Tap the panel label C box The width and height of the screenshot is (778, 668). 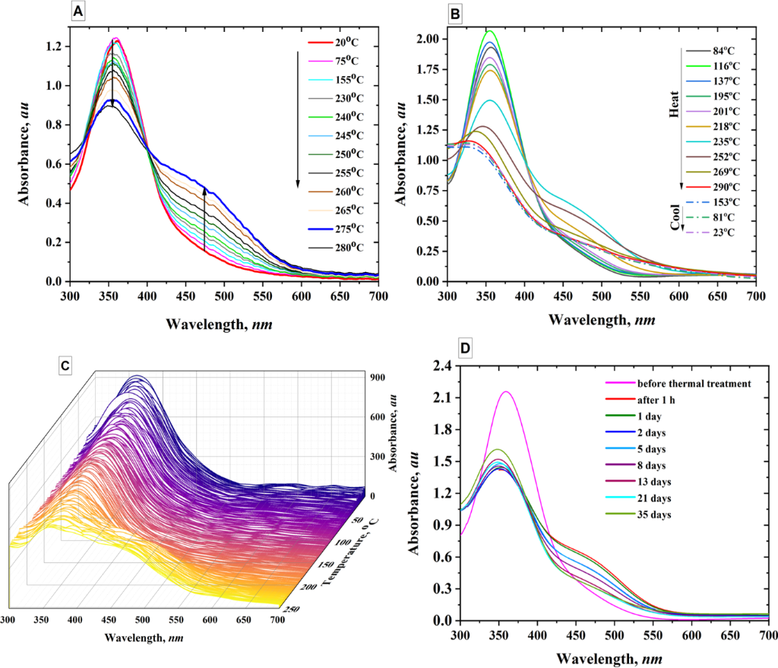click(x=68, y=366)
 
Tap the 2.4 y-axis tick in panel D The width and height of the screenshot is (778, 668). click(x=441, y=366)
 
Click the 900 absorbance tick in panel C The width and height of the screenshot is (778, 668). click(x=380, y=378)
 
